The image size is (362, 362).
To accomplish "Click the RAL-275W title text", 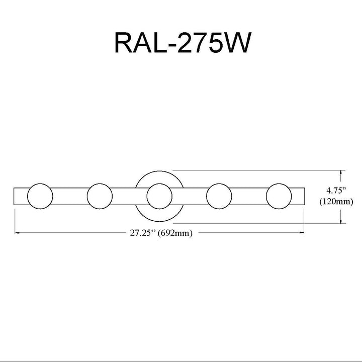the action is pos(183,43).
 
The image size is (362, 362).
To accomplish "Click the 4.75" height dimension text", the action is pos(336,191).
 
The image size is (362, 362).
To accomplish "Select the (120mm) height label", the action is pos(336,202).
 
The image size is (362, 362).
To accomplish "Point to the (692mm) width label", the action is pos(175,233).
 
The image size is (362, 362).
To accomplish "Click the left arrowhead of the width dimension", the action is pos(17,233).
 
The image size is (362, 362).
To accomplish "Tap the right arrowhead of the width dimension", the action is pos(302,233).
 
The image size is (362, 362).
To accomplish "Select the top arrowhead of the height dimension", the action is pos(341,172).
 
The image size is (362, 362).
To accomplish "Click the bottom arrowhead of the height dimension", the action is pos(341,221).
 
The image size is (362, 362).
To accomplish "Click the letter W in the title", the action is pos(237,43).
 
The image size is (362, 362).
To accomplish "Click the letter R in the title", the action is pos(124,43).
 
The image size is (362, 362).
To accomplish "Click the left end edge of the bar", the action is pos(14,196).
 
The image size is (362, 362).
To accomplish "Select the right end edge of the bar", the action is pos(305,196).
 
